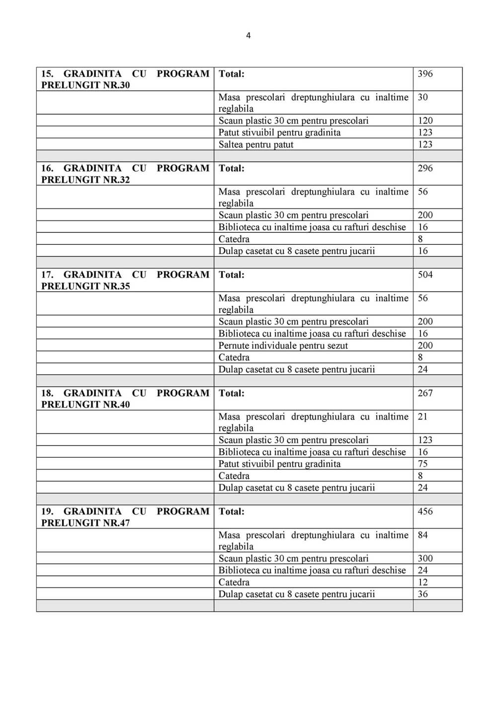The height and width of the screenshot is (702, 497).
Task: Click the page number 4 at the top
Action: [x=248, y=35]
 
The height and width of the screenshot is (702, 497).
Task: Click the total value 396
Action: [x=425, y=74]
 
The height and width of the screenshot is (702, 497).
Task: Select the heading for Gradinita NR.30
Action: [x=125, y=79]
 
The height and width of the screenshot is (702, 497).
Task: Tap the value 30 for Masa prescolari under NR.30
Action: [x=422, y=97]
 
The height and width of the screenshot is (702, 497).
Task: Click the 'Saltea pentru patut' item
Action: [x=256, y=144]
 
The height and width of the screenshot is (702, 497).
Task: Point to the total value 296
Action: [x=425, y=168]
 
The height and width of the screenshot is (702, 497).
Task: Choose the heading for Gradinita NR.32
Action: [x=125, y=174]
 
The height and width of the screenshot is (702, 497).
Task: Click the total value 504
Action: [x=425, y=275]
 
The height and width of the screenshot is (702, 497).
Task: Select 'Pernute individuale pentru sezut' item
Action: [x=283, y=346]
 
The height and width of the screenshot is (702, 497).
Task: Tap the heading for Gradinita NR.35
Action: [x=125, y=280]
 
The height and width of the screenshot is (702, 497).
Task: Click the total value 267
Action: [x=425, y=393]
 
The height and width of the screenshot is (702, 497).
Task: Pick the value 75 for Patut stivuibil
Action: [x=422, y=464]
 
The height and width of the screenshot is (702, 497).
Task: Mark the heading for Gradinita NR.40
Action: [x=125, y=399]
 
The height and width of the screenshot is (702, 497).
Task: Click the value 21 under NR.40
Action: [x=422, y=417]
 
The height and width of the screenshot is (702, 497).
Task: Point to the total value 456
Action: [x=425, y=511]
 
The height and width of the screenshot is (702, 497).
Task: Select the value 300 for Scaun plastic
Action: [x=425, y=559]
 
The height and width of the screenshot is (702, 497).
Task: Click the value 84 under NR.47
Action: [x=422, y=535]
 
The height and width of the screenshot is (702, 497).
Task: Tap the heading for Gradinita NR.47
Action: [x=125, y=517]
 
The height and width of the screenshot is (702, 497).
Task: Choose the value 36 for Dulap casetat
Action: [x=422, y=594]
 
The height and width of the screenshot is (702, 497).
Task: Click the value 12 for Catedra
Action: [x=422, y=582]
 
